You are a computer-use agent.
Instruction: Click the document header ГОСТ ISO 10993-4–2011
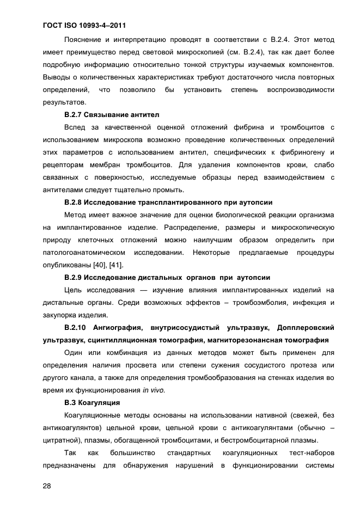81,25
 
